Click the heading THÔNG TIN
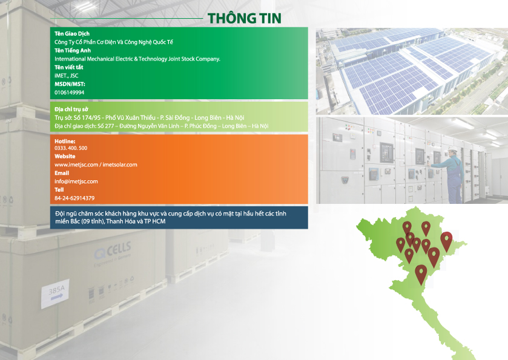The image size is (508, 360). point(244,18)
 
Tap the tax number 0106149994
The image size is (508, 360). point(70,93)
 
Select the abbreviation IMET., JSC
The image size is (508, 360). point(67,76)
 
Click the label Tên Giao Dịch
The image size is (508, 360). point(72,34)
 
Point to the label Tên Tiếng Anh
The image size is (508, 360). point(73,50)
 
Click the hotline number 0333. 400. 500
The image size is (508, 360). point(71,148)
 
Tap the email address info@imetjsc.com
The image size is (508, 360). point(76,182)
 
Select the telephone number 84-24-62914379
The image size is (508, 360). point(74,198)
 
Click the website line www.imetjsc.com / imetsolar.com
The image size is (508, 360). point(96,165)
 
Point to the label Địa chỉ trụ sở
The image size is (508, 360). point(71,110)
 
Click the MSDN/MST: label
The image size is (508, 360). point(70,84)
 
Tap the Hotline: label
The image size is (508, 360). point(65,142)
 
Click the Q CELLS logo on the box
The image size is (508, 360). point(113,251)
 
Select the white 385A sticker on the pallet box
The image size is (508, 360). point(55,293)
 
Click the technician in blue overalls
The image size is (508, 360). point(452,175)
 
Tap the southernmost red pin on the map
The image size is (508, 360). point(421,274)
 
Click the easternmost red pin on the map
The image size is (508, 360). point(446,241)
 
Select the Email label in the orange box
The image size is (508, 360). point(62,173)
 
